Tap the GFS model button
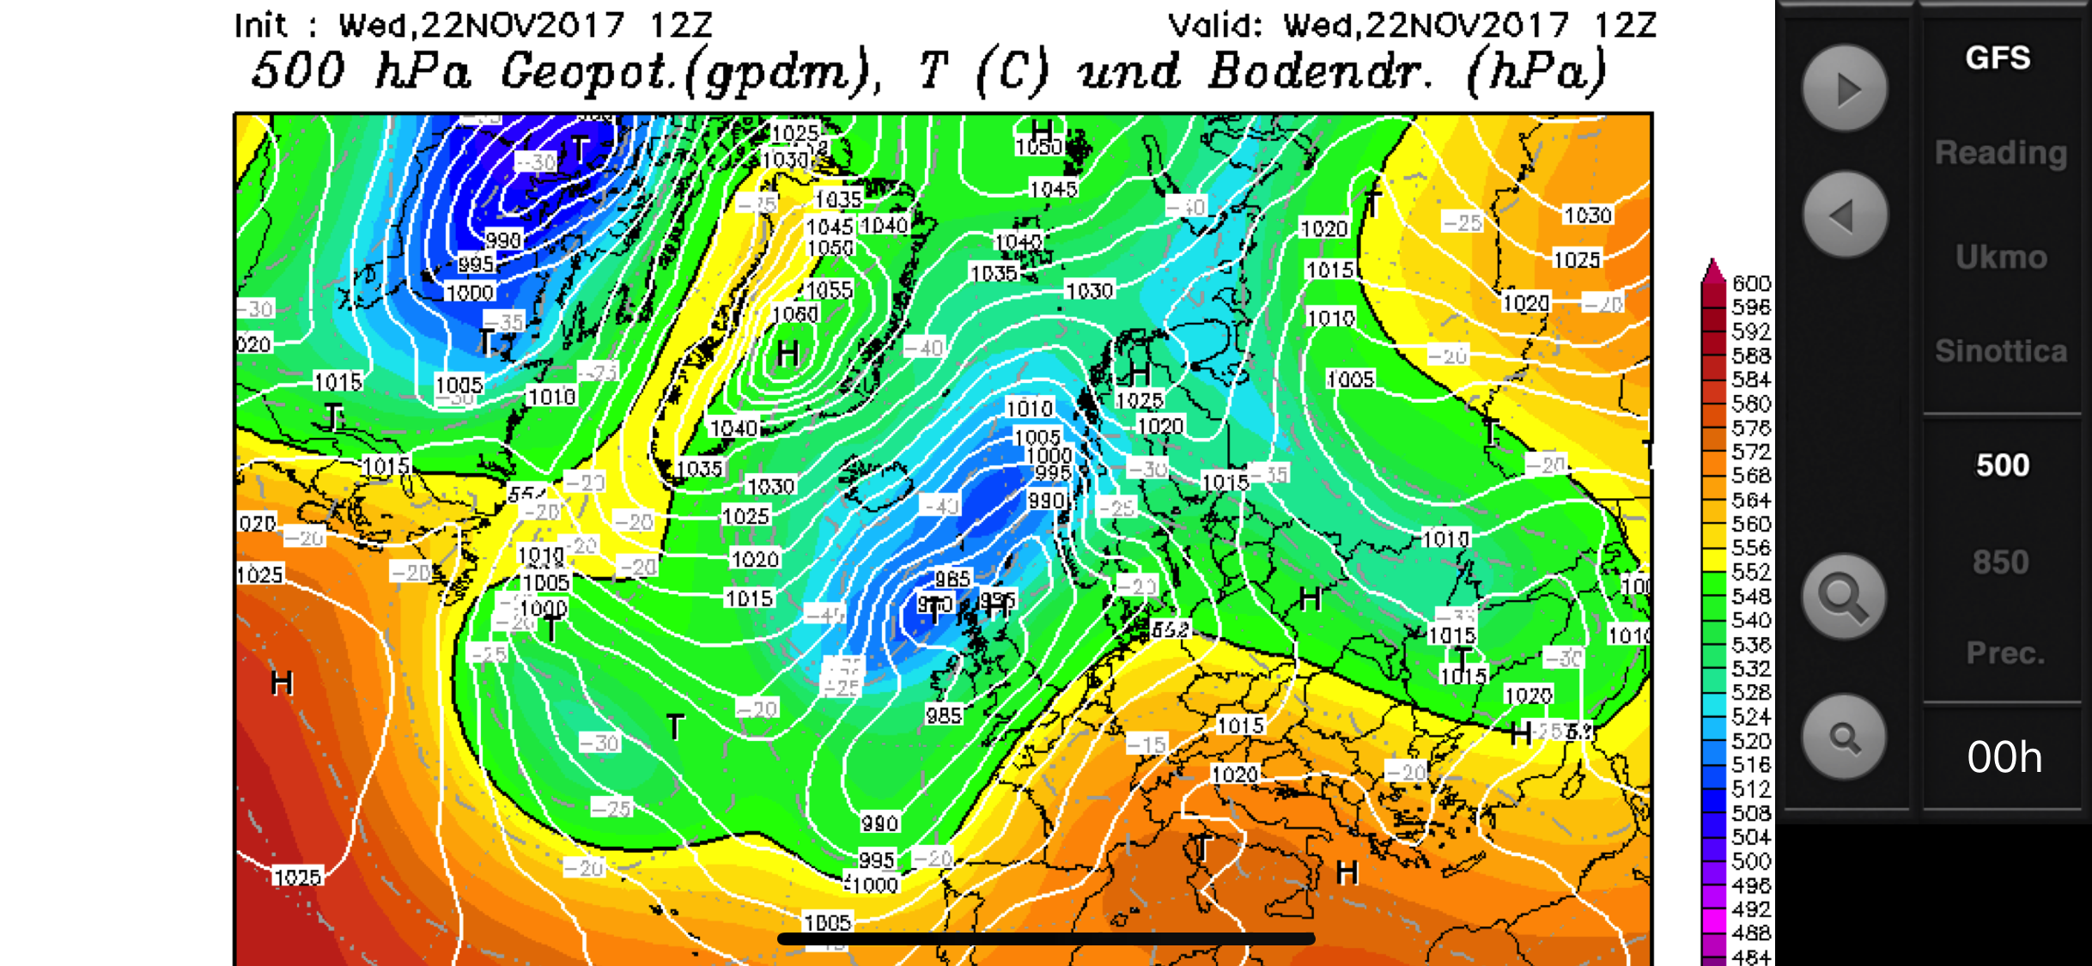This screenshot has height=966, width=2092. point(1998,58)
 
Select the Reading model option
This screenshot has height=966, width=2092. point(2000,153)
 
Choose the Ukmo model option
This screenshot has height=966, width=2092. point(2001,258)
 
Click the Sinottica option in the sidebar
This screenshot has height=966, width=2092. point(2000,351)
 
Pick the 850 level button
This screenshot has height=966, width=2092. point(2000,562)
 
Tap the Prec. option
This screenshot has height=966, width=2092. point(2005,653)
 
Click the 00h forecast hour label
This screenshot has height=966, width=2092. point(2004,757)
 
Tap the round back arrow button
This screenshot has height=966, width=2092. point(1845,215)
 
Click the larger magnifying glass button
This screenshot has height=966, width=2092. point(1844,597)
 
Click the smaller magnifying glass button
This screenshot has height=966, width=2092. point(1844,737)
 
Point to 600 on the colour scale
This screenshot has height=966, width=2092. point(1751,283)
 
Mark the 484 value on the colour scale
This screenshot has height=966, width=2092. point(1751,956)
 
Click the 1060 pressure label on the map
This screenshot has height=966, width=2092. point(795,314)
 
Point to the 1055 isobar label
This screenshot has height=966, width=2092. point(829,290)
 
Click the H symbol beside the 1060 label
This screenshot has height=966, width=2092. point(788,354)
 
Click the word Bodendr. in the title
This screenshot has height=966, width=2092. point(1320,72)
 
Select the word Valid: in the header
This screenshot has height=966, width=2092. point(1215,26)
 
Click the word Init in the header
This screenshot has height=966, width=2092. point(261,26)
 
